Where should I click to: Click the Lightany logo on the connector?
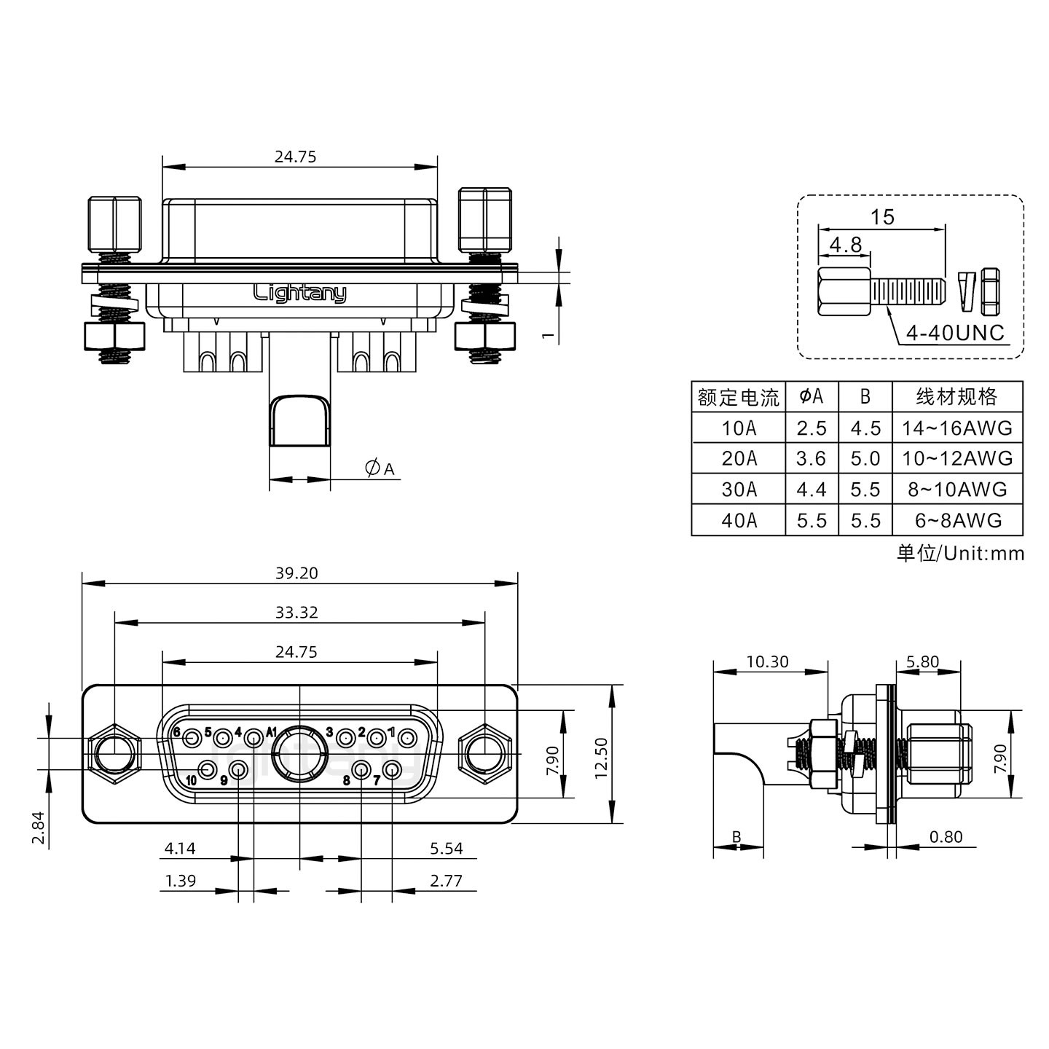coord(299,293)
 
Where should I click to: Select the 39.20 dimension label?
coord(296,573)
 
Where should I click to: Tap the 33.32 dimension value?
coord(296,613)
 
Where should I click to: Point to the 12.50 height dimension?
coord(601,758)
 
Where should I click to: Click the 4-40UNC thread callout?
coord(955,333)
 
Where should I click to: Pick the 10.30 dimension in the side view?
coord(767,661)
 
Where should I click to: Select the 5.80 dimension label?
coord(922,661)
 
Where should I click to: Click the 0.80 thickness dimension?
coord(946,837)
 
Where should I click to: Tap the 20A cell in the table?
coord(739,458)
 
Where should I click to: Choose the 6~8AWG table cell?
coord(957,520)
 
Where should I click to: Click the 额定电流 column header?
coord(738,397)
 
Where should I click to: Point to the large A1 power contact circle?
coord(299,754)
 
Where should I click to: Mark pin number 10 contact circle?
coord(208,769)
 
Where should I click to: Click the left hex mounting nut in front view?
coord(114,754)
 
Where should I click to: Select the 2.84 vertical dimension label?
coord(39,828)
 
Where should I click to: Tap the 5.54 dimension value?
coord(446,848)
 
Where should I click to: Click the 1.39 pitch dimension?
coord(180,881)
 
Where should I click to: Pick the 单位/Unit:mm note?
coord(960,554)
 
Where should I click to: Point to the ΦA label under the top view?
coord(380,468)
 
